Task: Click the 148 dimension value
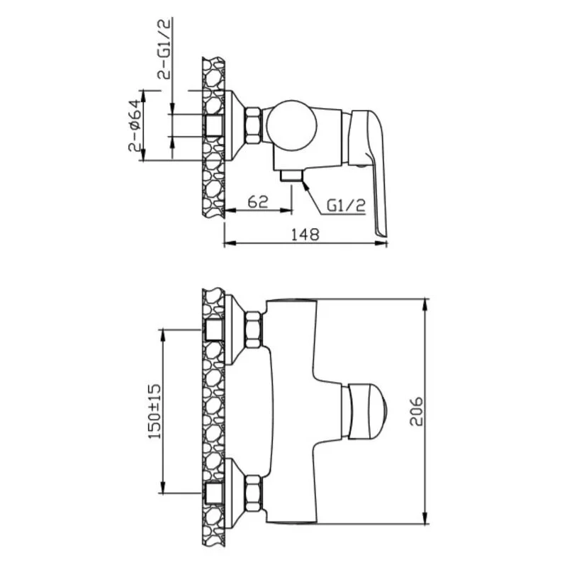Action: (305, 234)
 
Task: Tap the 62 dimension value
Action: (258, 202)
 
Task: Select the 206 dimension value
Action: (416, 411)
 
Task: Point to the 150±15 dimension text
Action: (155, 411)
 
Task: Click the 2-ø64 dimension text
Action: (134, 125)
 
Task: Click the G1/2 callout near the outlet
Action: (346, 206)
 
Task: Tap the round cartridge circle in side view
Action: (291, 125)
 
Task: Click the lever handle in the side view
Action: (368, 170)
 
